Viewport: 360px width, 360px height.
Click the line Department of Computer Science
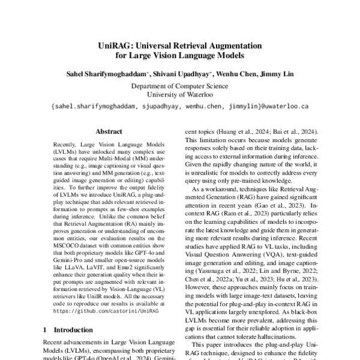[x=179, y=86]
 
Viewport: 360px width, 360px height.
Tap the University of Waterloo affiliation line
[x=179, y=95]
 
